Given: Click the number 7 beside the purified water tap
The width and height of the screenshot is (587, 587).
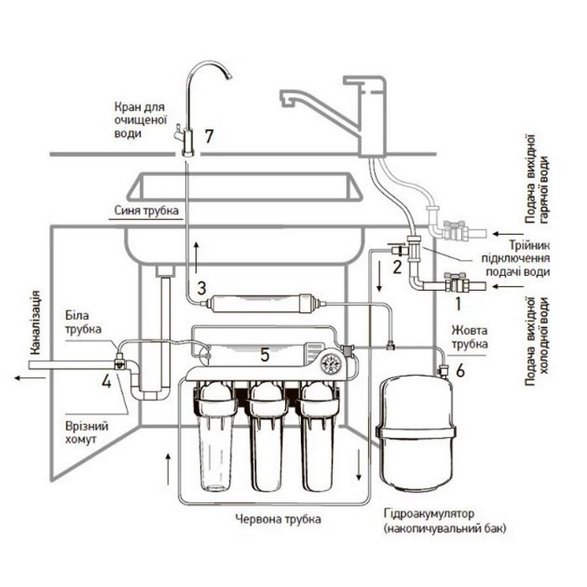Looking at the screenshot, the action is pos(209,136).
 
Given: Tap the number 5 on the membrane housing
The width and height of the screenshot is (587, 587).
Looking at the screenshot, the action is pos(265,355).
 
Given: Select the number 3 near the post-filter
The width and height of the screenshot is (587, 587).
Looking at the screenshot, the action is pos(201,288).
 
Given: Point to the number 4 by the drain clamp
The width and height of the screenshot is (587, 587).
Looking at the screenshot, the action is pos(106,381).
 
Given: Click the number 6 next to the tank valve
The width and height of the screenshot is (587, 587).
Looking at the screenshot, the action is pos(460,371).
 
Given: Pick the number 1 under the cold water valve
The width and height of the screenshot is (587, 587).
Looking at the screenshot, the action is pos(458,304).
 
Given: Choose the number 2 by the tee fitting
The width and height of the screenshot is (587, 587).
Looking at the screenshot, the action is pos(397,267).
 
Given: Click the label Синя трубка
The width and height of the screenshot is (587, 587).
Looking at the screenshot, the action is pos(147,210).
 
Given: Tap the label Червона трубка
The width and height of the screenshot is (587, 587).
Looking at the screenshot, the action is pos(278,519).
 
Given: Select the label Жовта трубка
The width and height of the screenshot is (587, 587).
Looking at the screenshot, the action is pos(470,337).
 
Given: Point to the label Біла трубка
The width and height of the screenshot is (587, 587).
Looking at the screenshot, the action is pos(83,322).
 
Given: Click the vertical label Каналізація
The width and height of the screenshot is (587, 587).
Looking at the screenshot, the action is pos(35,323).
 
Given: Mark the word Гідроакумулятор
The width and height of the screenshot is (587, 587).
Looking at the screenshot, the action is pos(429,513).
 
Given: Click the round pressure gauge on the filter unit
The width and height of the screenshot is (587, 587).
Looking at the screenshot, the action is pos(331,363).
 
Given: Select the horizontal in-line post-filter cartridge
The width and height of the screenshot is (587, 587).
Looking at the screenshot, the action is pos(262,303).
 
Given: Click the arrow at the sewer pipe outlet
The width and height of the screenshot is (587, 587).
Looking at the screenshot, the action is pos(30,377).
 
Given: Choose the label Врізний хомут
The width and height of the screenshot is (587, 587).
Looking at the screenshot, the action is pos(86,433).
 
